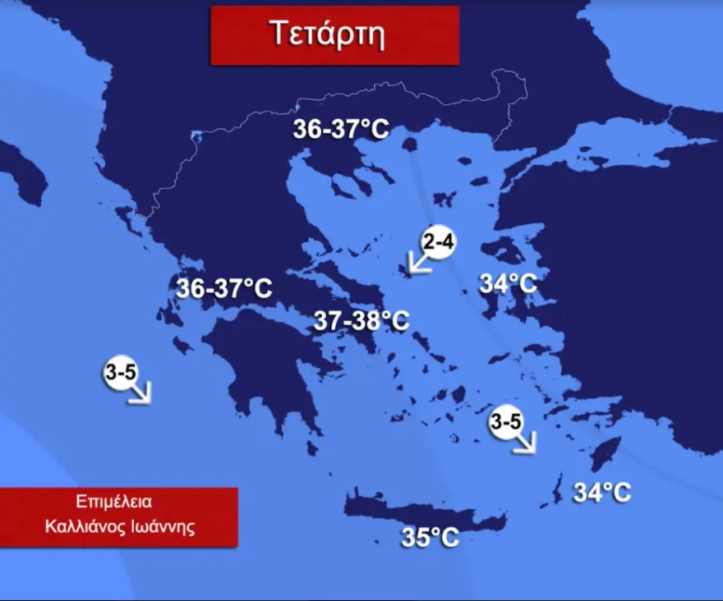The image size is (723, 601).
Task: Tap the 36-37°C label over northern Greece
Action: point(341,130)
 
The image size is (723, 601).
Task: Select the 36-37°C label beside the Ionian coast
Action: point(223,288)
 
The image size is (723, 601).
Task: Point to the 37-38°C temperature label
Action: point(361,321)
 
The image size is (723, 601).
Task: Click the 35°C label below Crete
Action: point(430,538)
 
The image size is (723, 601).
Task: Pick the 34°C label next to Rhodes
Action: point(602,493)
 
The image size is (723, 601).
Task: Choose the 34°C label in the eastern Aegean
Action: point(508,284)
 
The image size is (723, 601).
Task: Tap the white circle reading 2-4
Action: point(439,241)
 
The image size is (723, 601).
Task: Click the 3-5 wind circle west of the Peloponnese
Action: point(121,373)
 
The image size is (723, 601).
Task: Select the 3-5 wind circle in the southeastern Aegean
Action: point(505,422)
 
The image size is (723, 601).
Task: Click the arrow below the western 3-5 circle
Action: point(140,393)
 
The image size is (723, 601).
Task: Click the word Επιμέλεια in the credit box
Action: point(119,502)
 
